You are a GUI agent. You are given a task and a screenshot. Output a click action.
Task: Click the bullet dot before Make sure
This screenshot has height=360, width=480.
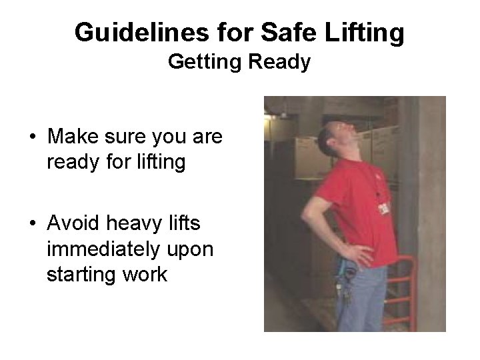[33, 138]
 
